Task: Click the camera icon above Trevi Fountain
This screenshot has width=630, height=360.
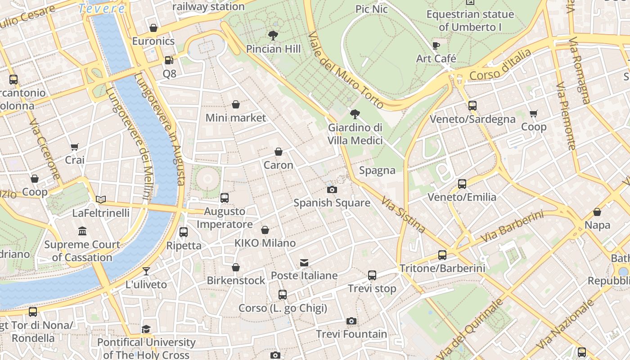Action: point(351,321)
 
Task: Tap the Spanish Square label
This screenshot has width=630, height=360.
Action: point(332,203)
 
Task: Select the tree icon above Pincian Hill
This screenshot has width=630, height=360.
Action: point(273,35)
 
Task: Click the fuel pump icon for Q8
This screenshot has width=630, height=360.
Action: point(169,60)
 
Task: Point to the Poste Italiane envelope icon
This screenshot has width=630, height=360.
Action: point(304,262)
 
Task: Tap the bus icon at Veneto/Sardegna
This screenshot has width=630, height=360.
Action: point(472,106)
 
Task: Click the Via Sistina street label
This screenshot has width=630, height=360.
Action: point(403,215)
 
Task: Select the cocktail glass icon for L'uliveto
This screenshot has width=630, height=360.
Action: point(146,271)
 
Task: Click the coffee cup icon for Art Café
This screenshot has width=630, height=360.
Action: point(436,45)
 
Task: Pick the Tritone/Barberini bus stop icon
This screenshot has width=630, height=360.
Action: point(442,255)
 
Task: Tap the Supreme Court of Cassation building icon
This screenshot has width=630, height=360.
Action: point(82,231)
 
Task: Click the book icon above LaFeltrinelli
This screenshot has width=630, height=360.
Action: point(101,199)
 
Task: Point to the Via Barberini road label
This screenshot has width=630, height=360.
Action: point(511,227)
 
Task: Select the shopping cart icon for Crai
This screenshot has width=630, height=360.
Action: point(74,147)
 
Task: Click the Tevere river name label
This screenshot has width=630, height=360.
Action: point(101,8)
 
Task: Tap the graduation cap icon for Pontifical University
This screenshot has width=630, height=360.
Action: point(146,329)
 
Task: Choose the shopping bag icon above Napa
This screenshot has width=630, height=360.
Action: point(597,212)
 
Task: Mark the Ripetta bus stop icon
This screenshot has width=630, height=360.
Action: point(183,232)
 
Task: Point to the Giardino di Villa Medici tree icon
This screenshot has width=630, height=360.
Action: point(355,114)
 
